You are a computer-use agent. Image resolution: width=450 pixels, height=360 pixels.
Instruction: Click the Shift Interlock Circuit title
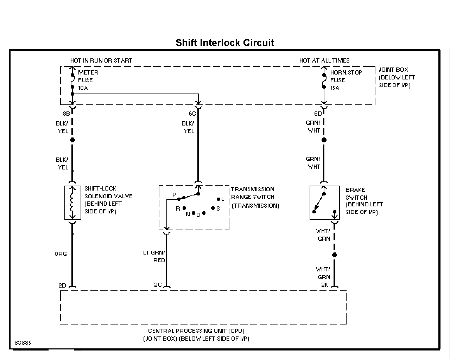225,43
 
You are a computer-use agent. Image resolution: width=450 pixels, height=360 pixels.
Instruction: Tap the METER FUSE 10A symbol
72,81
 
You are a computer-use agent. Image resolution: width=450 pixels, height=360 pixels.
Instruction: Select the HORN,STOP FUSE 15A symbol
324,81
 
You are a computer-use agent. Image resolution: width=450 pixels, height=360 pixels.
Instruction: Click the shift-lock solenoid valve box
72,202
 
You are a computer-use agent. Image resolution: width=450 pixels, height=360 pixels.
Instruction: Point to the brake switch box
324,202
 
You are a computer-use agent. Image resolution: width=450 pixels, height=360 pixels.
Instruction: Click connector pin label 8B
66,114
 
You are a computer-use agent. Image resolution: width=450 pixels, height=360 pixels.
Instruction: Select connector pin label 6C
192,114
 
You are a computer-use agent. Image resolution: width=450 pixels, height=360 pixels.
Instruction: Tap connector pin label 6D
318,114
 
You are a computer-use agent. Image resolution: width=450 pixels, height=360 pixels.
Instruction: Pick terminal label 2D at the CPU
62,285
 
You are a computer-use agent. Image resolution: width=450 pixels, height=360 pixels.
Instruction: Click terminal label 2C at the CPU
158,285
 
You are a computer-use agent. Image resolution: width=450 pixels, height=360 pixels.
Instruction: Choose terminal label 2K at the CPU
324,285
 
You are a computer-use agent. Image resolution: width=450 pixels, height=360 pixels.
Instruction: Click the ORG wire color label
61,254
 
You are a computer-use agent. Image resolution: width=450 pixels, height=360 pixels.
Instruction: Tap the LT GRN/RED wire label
154,256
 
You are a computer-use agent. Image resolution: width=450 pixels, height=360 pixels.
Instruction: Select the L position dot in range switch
218,199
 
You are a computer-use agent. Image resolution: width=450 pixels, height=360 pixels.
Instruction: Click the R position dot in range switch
184,208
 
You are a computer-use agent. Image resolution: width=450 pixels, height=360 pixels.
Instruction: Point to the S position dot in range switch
213,208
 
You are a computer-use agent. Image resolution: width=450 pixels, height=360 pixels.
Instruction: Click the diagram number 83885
23,343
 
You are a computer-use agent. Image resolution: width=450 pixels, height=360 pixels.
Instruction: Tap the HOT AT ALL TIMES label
324,60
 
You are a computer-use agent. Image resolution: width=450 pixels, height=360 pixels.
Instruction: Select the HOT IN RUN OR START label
101,60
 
